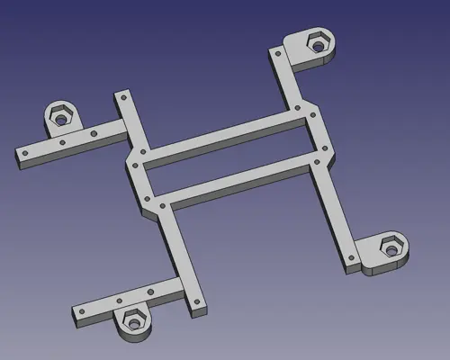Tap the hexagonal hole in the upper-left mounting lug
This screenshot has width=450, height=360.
tap(59, 115)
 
